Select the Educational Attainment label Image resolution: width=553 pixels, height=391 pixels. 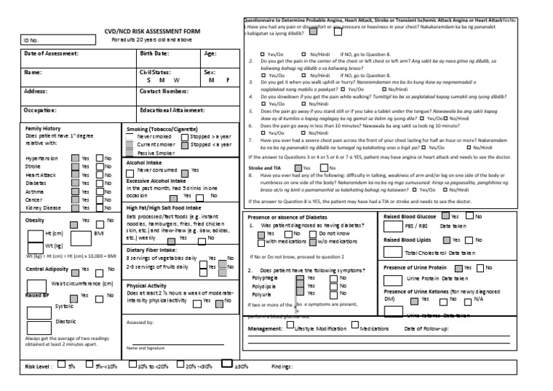point(172,109)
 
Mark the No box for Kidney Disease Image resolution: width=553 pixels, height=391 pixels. point(99,207)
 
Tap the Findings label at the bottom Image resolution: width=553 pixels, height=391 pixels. point(282,367)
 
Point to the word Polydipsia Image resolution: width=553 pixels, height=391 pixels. point(264,285)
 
